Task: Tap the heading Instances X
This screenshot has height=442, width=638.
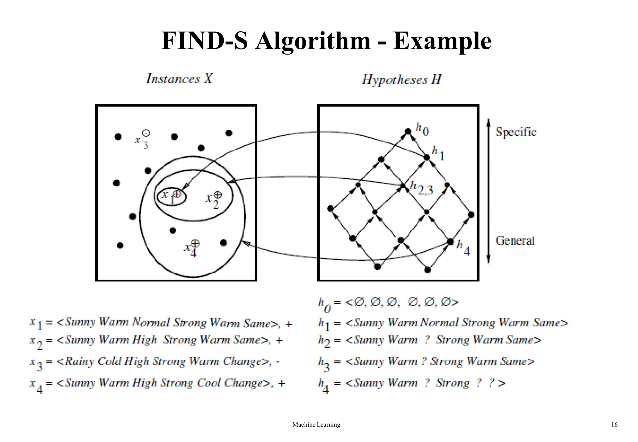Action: click(x=179, y=79)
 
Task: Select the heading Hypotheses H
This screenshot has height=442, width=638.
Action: click(x=401, y=79)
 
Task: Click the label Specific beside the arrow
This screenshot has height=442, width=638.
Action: click(x=516, y=132)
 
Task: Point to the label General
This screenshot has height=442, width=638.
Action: click(x=515, y=241)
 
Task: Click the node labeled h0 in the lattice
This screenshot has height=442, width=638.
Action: click(x=408, y=132)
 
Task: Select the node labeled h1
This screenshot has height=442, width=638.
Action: click(x=427, y=157)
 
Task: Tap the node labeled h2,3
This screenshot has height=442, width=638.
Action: click(x=403, y=186)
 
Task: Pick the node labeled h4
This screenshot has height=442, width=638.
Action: click(x=450, y=242)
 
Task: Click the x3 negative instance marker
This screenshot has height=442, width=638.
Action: click(x=146, y=133)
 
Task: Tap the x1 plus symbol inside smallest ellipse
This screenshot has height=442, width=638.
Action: click(x=177, y=194)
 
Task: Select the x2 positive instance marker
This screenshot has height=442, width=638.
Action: click(x=218, y=195)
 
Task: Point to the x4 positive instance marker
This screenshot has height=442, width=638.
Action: click(x=195, y=243)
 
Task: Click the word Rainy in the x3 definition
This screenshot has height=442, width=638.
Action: click(x=79, y=361)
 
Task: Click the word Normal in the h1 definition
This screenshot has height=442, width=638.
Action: click(x=439, y=322)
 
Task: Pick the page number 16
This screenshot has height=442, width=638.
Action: click(x=614, y=425)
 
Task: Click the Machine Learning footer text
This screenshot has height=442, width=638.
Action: click(x=316, y=425)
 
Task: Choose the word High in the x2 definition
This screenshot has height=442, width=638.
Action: click(x=144, y=339)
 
